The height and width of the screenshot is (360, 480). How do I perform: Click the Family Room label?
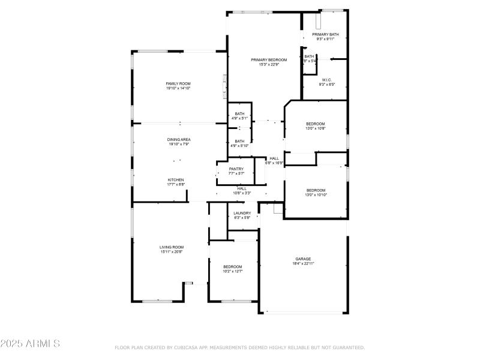point(178,83)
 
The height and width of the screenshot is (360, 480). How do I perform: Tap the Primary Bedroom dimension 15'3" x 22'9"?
point(268,65)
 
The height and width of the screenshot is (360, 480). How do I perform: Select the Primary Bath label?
point(325,34)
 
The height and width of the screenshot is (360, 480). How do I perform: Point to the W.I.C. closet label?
point(327,80)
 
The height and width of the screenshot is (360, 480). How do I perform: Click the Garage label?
point(303,259)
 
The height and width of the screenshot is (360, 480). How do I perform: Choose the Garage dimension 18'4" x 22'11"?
point(303,263)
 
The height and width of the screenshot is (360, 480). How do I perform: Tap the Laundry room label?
point(242,213)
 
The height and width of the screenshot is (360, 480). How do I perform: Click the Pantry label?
point(236,169)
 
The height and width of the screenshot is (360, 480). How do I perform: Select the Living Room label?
point(172,247)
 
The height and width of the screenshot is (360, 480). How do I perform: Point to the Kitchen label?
point(176,180)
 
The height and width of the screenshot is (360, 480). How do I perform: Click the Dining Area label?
point(179,139)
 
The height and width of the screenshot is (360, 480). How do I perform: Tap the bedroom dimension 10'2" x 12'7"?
point(233,272)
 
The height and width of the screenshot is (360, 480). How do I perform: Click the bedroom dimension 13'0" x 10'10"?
point(316,195)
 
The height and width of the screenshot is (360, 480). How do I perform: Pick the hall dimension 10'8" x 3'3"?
point(242,193)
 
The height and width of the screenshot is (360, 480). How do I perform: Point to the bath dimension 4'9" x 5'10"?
point(239,146)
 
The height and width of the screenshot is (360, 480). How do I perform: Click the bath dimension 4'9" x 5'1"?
point(239,118)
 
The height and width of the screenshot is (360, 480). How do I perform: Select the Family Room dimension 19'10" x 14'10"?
point(178,88)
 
